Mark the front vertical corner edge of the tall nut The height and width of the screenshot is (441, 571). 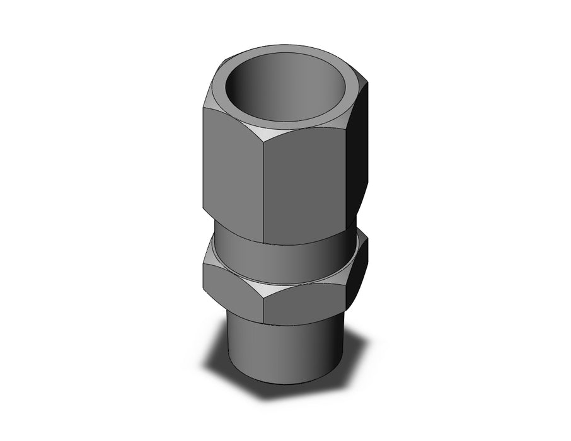coord(263,189)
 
